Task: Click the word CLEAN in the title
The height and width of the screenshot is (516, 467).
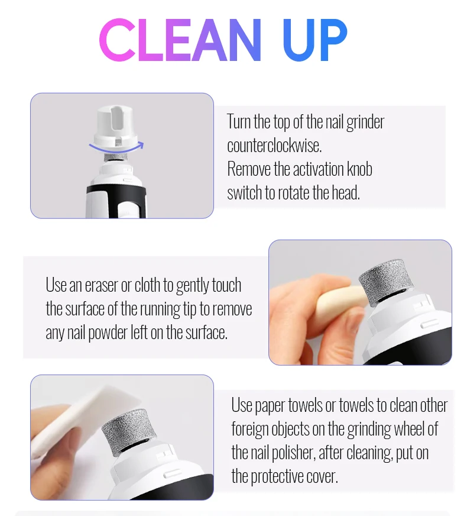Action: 180,40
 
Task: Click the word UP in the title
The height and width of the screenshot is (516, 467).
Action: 315,40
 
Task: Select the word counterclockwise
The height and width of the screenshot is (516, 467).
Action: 274,146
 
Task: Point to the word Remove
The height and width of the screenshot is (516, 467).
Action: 249,169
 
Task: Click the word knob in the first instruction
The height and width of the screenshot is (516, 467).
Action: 359,169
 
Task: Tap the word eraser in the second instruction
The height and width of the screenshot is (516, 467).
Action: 101,285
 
